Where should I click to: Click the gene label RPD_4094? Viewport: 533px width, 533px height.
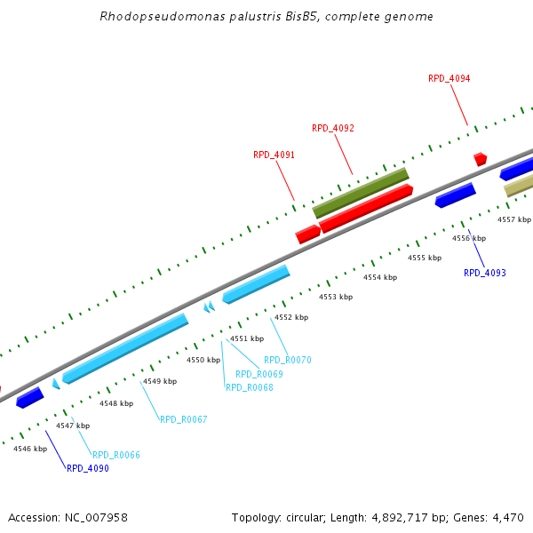[449, 78]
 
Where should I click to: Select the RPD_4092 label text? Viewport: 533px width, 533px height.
[333, 128]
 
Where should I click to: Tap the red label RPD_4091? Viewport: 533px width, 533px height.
[274, 155]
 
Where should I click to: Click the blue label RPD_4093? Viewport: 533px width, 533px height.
[485, 273]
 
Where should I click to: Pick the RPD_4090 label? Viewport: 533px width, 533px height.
[88, 468]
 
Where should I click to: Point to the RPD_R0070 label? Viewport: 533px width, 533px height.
[288, 361]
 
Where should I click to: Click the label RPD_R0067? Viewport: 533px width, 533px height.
[183, 419]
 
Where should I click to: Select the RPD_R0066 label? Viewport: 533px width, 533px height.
[116, 455]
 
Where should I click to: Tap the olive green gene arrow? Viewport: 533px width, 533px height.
[361, 193]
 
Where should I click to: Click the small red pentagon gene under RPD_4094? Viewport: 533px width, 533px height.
[481, 159]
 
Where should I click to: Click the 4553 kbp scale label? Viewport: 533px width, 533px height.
[336, 297]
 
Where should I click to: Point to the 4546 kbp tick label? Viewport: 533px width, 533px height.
[29, 449]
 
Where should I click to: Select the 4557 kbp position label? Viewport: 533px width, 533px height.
[513, 219]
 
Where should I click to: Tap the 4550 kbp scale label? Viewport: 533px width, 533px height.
[203, 360]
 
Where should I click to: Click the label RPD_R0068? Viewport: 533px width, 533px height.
[250, 387]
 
